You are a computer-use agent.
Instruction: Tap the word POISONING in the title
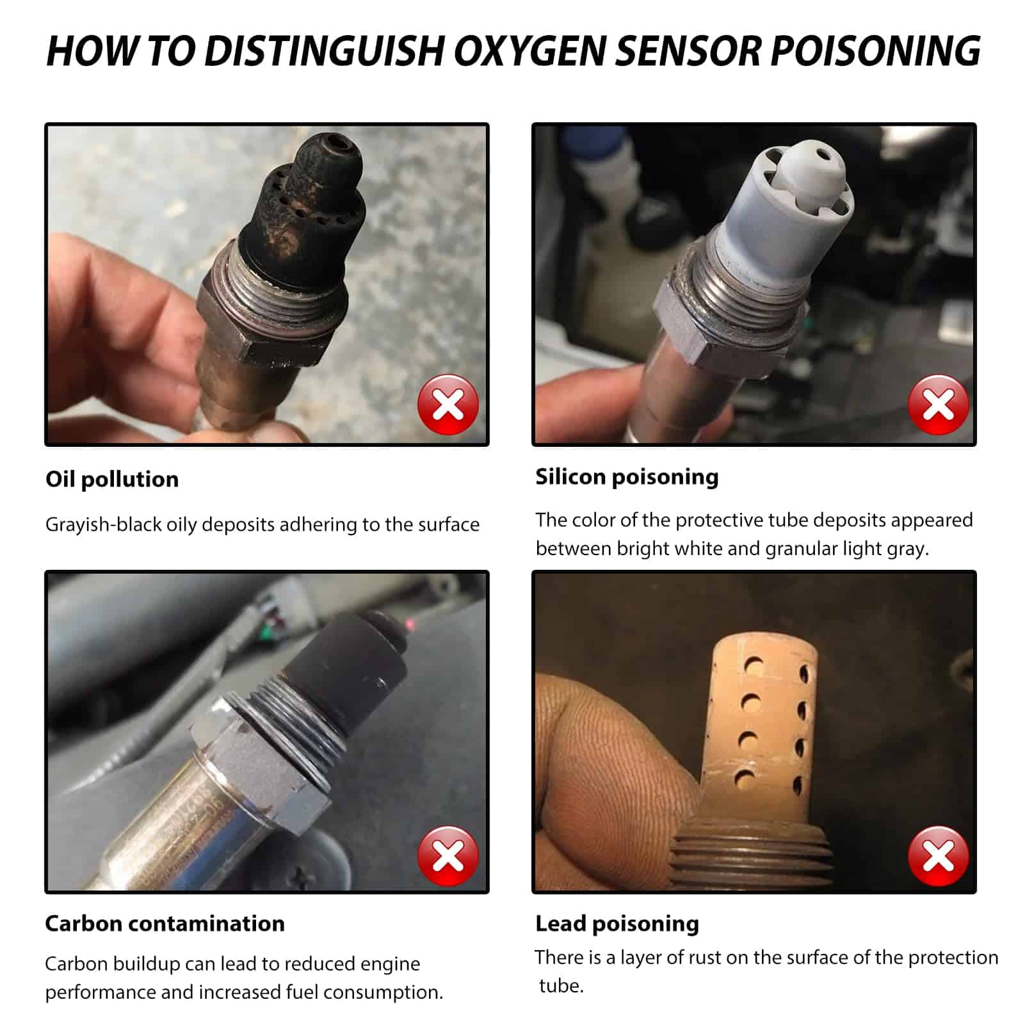click(x=875, y=51)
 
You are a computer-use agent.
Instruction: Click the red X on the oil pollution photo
click(x=448, y=405)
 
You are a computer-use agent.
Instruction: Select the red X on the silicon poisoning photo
click(x=939, y=405)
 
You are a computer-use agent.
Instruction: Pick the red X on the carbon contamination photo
click(x=448, y=856)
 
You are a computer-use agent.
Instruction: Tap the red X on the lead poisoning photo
click(x=939, y=856)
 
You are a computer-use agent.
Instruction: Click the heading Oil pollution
click(x=112, y=480)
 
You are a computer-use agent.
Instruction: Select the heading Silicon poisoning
click(x=627, y=478)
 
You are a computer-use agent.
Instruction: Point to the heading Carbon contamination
click(x=165, y=924)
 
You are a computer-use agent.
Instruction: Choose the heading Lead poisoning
click(x=617, y=924)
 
